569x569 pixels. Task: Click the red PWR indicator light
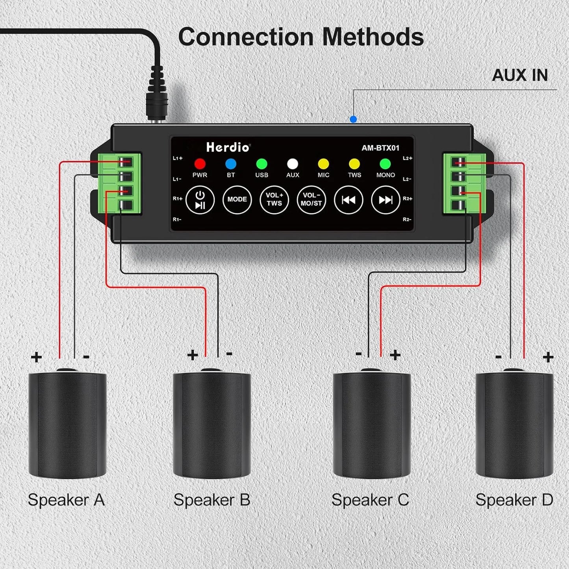pos(200,164)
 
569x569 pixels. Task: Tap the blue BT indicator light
pos(231,164)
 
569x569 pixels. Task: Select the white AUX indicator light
pos(293,164)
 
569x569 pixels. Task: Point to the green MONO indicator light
pos(385,164)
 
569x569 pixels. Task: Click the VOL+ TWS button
pos(274,199)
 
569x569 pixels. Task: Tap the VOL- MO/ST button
pos(311,199)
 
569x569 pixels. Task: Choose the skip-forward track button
pos(386,200)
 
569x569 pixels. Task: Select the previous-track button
pos(348,200)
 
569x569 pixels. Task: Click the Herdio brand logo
pos(228,148)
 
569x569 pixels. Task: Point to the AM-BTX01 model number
pos(380,148)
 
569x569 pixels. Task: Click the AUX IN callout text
pos(520,75)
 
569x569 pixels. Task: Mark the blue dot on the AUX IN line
pos(353,119)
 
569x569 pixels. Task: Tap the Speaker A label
pos(66,500)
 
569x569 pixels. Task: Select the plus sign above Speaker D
pos(548,357)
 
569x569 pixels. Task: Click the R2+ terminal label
pos(408,199)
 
